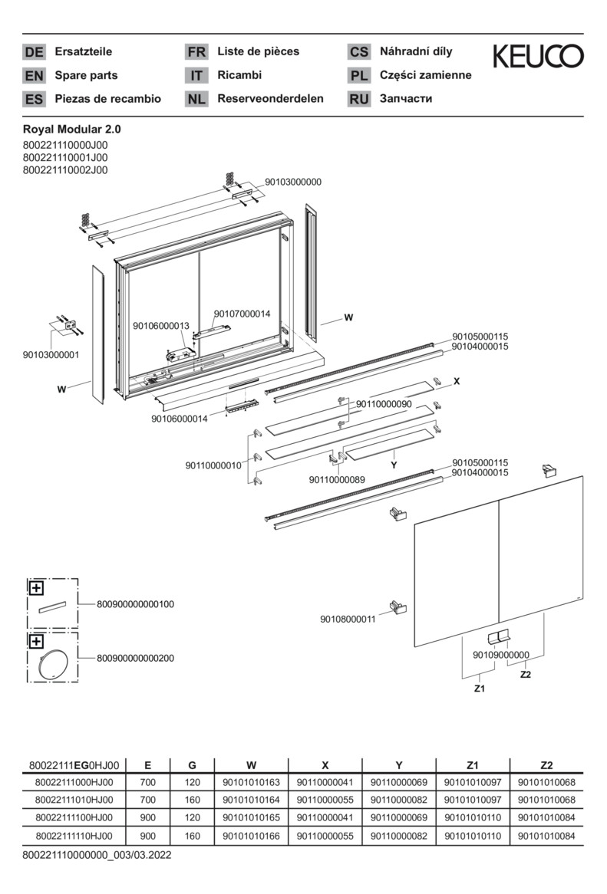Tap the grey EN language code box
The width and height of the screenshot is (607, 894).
click(34, 76)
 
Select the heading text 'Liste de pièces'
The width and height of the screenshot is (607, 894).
click(259, 52)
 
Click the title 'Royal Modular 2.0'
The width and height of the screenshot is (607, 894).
click(72, 130)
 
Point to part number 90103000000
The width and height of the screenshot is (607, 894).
click(293, 182)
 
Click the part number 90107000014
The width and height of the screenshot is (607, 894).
click(242, 314)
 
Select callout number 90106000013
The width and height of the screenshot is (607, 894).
click(161, 326)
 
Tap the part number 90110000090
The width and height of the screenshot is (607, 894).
click(384, 404)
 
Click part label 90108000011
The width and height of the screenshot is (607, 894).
click(348, 620)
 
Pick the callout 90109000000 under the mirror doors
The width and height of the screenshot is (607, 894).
click(500, 655)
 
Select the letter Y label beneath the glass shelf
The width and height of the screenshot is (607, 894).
click(394, 465)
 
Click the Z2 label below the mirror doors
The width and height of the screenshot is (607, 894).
click(526, 675)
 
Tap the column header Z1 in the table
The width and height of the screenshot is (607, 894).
click(472, 765)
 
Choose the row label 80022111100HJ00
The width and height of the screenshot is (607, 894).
click(74, 817)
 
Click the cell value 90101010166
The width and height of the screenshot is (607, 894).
click(251, 836)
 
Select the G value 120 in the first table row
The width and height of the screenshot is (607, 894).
click(192, 783)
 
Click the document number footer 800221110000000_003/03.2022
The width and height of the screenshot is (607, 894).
click(97, 854)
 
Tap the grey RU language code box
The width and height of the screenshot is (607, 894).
click(358, 99)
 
